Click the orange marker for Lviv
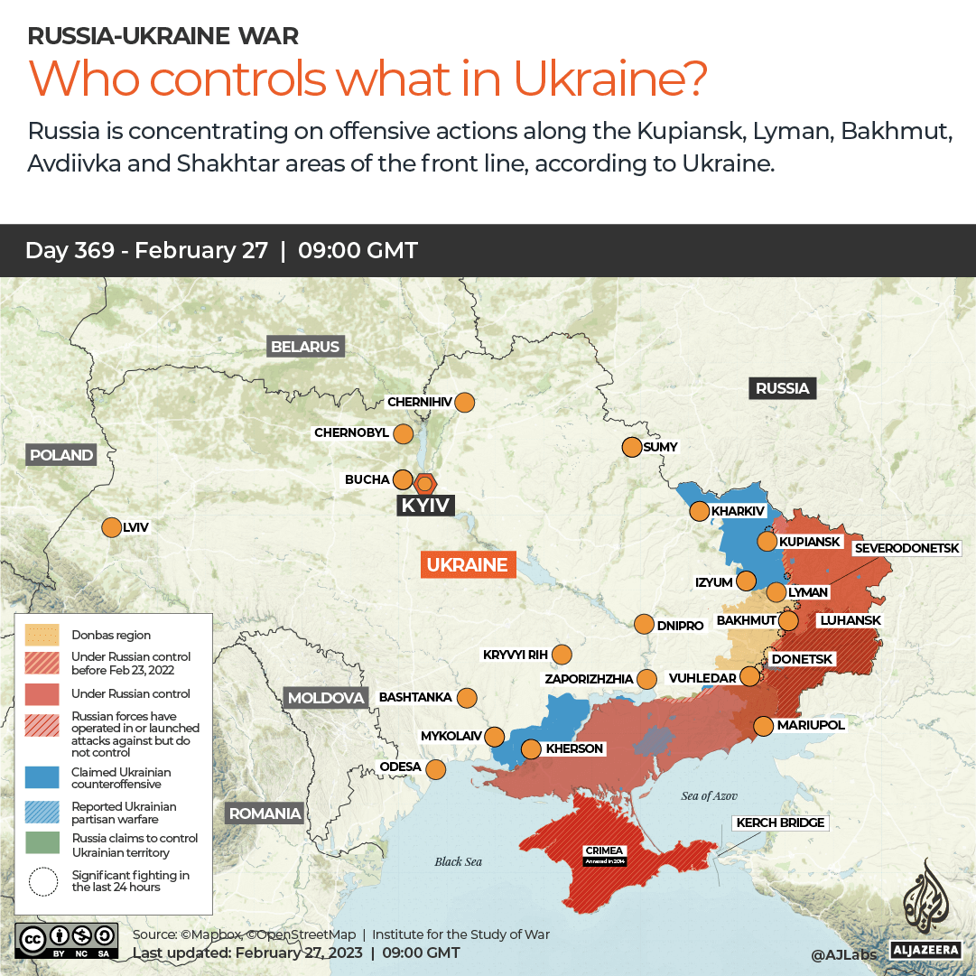112,527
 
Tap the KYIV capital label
425,505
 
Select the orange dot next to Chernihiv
465,402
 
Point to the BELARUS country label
305,347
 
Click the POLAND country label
61,455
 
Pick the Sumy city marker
631,447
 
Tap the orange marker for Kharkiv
699,512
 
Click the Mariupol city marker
763,725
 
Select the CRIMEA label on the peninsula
603,851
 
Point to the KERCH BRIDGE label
781,823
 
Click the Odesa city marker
436,769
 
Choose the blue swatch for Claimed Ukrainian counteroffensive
42,777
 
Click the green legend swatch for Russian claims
42,845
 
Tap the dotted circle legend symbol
42,881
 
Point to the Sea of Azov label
709,795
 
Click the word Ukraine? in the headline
609,79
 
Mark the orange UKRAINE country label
468,565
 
